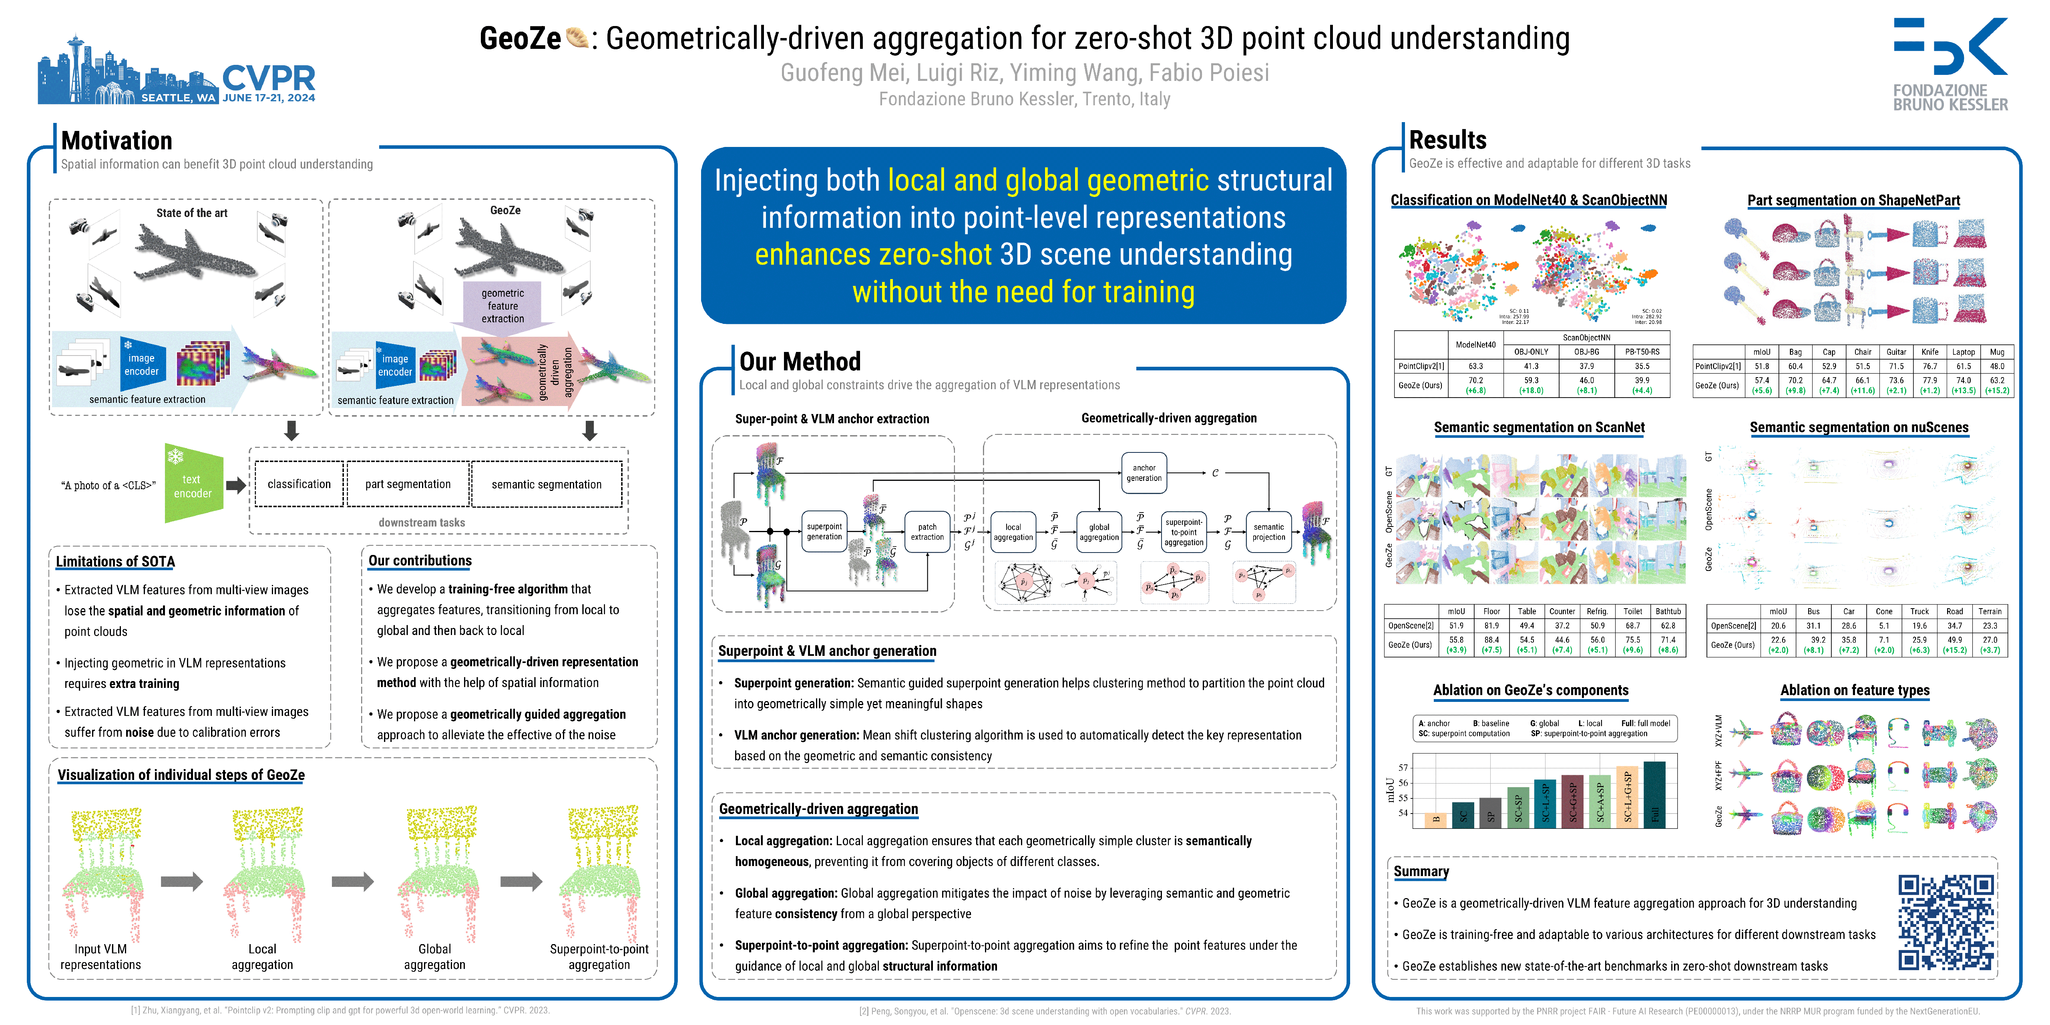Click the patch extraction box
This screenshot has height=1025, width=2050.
pos(927,532)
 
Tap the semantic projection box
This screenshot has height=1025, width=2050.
pos(1268,532)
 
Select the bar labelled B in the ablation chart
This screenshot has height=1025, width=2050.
pos(1436,820)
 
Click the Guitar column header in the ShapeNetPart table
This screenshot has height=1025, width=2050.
pos(1896,352)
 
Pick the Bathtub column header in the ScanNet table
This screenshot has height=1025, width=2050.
pos(1668,611)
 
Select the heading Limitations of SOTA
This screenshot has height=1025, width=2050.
pos(115,561)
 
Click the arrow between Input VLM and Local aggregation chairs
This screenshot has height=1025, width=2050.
pos(181,881)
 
